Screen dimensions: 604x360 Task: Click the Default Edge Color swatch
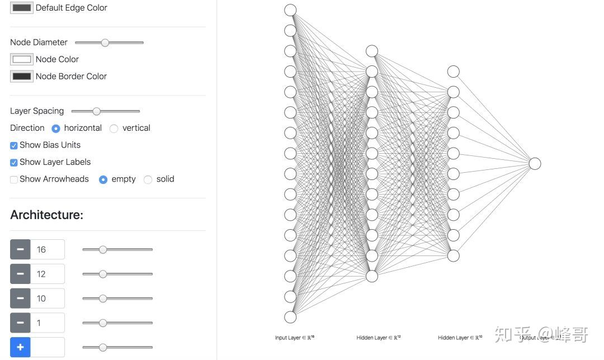point(22,8)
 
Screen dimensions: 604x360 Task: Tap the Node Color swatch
point(22,59)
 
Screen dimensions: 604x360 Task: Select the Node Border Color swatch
point(22,76)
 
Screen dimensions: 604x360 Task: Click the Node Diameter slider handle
point(105,42)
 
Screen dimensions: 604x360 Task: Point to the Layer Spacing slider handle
point(96,111)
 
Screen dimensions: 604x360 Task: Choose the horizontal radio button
point(56,129)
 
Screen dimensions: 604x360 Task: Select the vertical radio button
point(114,129)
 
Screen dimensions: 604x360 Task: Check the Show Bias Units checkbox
point(14,145)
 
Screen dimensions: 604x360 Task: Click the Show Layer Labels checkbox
point(14,162)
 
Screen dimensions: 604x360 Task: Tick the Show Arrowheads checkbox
point(14,179)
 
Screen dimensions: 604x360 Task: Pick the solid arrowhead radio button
point(148,179)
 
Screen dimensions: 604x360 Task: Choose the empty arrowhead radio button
point(103,179)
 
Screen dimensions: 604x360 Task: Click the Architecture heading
point(46,215)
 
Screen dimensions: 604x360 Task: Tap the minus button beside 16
point(20,249)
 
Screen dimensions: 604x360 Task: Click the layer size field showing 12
point(48,274)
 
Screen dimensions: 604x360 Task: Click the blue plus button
point(20,347)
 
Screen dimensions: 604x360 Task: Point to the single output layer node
point(535,163)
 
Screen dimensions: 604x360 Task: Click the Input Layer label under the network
point(294,338)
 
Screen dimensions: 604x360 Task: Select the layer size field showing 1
point(48,323)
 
